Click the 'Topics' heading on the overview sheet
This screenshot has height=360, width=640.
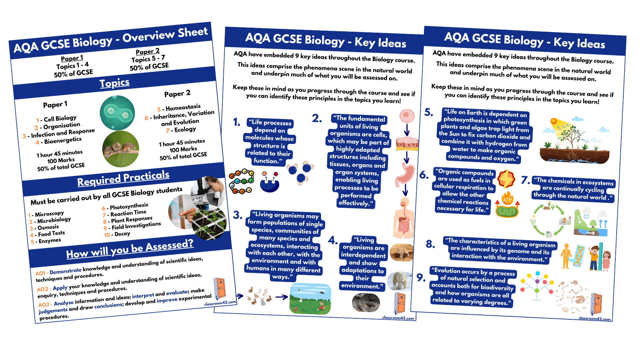(114, 83)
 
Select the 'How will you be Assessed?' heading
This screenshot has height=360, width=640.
(130, 249)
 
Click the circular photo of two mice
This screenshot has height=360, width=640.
(120, 149)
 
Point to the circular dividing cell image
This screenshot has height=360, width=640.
(117, 113)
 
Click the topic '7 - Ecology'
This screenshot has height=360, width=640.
(181, 130)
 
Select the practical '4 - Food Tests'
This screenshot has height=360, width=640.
(48, 234)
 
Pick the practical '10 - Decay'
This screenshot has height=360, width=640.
(117, 234)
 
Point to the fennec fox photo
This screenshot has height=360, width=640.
(401, 252)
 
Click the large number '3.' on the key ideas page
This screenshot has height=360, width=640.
(237, 215)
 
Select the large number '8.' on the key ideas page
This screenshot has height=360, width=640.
(430, 244)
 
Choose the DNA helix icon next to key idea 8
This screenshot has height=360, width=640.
(579, 256)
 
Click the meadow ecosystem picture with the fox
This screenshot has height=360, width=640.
(310, 299)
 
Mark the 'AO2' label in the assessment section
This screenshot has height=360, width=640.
(42, 289)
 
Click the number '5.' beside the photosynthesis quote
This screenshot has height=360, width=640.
(429, 112)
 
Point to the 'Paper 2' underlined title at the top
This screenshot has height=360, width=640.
(148, 52)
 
